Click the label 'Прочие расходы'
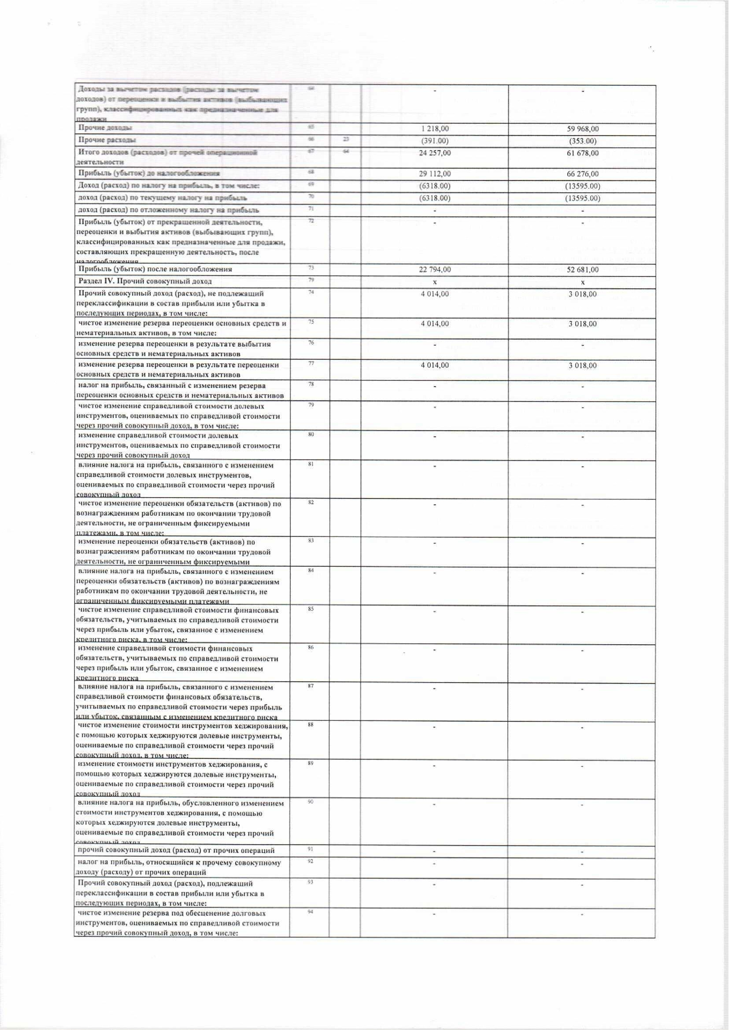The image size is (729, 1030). tap(107, 140)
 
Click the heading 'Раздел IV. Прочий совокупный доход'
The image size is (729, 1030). tap(145, 281)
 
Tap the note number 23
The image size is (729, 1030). tap(346, 139)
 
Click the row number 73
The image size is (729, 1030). tap(311, 268)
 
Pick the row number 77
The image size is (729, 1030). tap(311, 363)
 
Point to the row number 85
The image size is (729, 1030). tap(311, 609)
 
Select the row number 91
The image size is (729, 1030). tap(311, 849)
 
